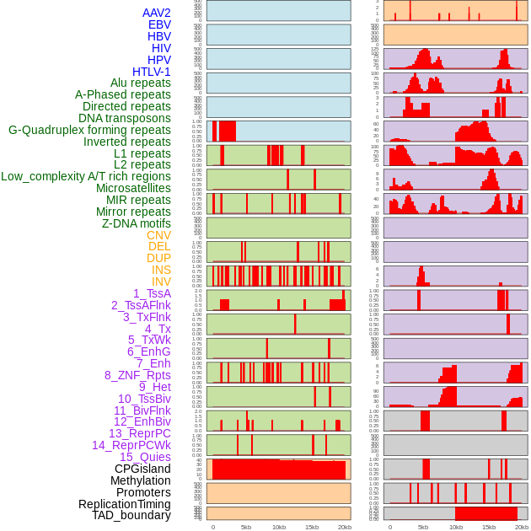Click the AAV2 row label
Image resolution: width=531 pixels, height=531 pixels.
pyautogui.click(x=156, y=13)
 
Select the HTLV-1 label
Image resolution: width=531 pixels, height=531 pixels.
pyautogui.click(x=151, y=72)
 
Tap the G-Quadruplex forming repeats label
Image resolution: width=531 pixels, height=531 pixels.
pyautogui.click(x=89, y=130)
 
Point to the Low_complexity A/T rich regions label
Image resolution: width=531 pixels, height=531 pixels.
pyautogui.click(x=86, y=176)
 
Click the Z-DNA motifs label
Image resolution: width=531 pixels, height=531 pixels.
pyautogui.click(x=136, y=223)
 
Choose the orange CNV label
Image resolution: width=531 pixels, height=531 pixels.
pyautogui.click(x=158, y=235)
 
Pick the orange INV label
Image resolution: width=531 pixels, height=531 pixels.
pyautogui.click(x=161, y=282)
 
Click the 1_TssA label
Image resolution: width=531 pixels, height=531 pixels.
pyautogui.click(x=152, y=293)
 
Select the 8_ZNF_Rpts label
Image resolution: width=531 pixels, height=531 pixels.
pyautogui.click(x=137, y=375)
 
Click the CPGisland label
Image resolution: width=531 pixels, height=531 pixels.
pyautogui.click(x=142, y=469)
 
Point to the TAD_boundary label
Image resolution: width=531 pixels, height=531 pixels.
pyautogui.click(x=131, y=515)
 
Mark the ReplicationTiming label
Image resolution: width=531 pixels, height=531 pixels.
pyautogui.click(x=124, y=504)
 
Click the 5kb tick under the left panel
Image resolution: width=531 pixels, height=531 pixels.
pyautogui.click(x=246, y=527)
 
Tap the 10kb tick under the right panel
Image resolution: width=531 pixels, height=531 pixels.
pyautogui.click(x=456, y=527)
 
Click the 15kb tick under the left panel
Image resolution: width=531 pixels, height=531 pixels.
pyautogui.click(x=312, y=527)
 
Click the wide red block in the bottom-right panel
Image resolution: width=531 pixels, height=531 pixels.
pyautogui.click(x=485, y=513)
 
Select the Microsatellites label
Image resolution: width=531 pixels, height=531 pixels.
pyautogui.click(x=133, y=188)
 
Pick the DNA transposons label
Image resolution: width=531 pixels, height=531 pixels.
pyautogui.click(x=125, y=118)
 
